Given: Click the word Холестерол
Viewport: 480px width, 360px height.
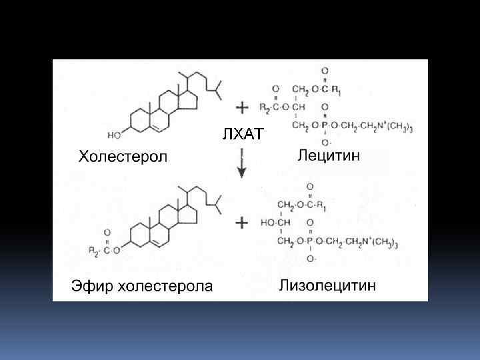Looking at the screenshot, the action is point(124,158).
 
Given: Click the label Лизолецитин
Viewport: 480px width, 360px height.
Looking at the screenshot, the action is point(326,285).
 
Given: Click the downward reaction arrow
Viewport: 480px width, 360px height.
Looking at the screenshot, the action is point(241,167).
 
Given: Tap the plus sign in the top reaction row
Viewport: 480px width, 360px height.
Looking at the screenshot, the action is point(243,106).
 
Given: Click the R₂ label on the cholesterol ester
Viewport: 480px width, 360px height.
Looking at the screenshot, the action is point(93,250).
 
